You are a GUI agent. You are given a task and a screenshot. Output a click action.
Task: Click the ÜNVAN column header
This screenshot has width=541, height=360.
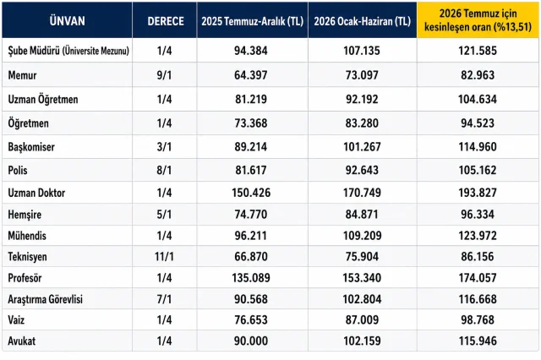tap(67, 21)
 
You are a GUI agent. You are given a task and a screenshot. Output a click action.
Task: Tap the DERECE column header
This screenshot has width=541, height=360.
tap(166, 21)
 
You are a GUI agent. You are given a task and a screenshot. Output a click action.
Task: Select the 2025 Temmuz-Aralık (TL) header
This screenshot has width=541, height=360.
tap(252, 21)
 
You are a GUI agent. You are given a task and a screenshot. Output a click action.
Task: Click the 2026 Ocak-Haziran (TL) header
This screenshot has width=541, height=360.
tap(363, 21)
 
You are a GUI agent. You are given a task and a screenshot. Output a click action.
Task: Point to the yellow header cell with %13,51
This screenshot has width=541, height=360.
tap(478, 20)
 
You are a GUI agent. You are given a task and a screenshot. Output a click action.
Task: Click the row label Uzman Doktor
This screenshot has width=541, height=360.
tap(36, 193)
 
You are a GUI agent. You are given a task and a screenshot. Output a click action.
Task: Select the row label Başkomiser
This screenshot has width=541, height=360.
tap(31, 147)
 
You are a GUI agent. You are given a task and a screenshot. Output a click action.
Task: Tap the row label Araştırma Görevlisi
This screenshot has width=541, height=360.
tap(45, 299)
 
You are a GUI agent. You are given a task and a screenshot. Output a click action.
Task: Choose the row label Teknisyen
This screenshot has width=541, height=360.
tap(27, 257)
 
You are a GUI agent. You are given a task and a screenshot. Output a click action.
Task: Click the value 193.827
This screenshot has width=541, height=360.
tap(478, 193)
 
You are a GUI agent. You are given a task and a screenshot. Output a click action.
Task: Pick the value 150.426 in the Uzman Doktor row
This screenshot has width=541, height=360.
tap(251, 193)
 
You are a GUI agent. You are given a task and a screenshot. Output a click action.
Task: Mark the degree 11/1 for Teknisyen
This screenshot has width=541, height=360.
tap(164, 257)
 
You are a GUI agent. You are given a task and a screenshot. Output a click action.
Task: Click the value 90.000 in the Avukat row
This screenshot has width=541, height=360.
tap(251, 341)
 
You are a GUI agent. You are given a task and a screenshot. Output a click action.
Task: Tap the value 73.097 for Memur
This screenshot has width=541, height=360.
tap(362, 75)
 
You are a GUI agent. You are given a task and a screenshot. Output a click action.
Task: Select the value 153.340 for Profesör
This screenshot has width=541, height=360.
tap(362, 278)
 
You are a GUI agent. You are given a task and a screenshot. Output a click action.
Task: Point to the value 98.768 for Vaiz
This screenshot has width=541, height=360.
tap(478, 320)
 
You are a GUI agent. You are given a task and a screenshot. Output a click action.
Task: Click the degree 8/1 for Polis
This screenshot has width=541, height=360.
tap(164, 171)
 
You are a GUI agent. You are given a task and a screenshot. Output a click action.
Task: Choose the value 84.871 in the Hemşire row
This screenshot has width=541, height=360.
tap(362, 215)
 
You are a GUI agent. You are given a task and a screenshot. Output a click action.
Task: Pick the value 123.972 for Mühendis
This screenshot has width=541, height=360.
tap(478, 236)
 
